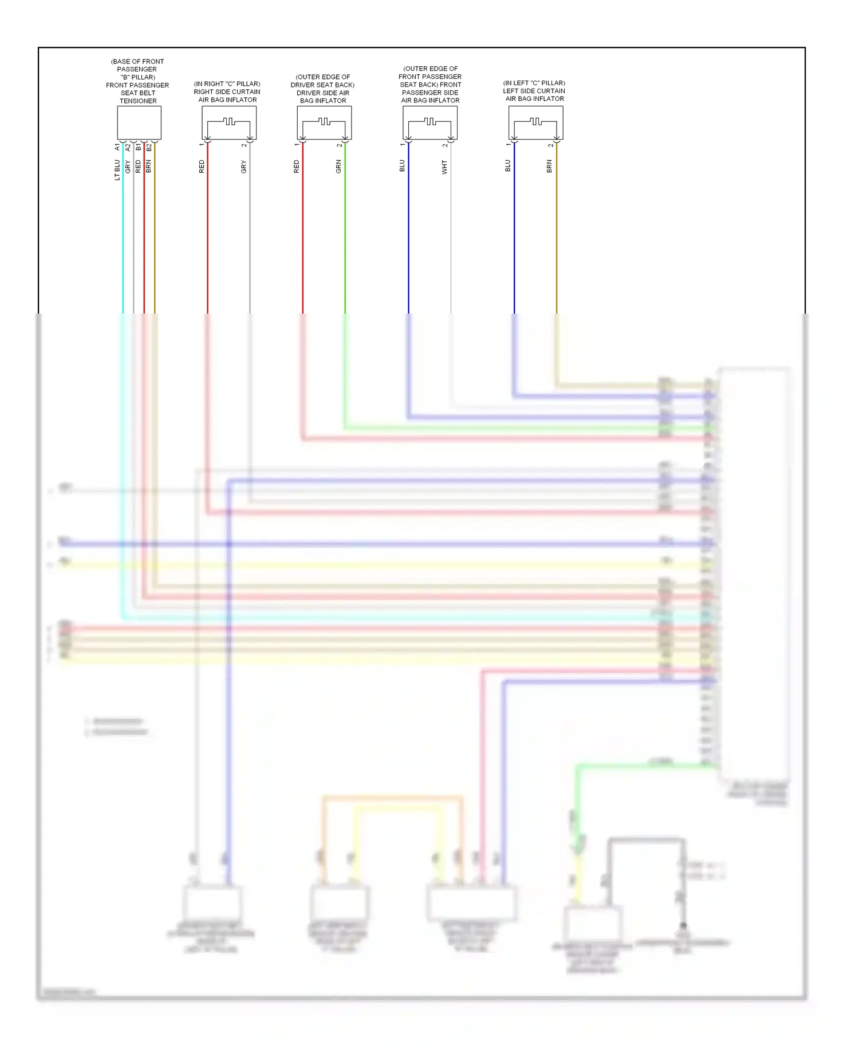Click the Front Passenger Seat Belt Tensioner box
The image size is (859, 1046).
pos(139,122)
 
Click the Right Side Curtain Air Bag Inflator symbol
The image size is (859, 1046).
pos(228,123)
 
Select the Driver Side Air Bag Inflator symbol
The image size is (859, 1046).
pos(324,123)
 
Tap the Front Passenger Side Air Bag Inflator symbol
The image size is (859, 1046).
pos(429,123)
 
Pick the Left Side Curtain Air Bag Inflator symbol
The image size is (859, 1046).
pos(535,123)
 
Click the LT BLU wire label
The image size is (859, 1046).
pos(117,170)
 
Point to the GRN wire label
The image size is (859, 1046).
pos(338,167)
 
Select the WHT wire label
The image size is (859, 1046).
pos(444,167)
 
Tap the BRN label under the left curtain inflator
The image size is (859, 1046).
pos(550,167)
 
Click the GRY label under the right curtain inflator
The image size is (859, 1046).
pos(244,167)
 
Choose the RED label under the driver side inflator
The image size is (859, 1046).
pos(297,167)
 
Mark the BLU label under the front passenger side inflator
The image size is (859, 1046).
pos(402,166)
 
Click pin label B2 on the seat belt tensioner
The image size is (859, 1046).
pos(149,148)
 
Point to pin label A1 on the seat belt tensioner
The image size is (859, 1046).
pos(117,148)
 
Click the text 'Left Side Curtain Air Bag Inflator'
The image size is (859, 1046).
pos(534,95)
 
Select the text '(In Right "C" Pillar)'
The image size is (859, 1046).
pos(227,84)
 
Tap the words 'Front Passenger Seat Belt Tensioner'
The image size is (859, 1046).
pos(137,93)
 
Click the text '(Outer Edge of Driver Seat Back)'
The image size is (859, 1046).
pos(323,81)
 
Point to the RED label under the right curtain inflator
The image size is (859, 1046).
pos(202,167)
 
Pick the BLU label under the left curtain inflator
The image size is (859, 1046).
pos(508,166)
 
